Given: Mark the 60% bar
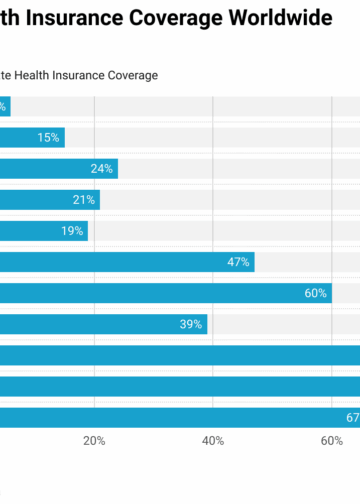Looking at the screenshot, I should point(150,293).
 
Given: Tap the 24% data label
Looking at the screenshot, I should point(102,169).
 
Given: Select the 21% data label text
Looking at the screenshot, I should point(84,200).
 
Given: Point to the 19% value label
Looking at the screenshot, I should point(72,231).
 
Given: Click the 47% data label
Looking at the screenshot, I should point(238,262).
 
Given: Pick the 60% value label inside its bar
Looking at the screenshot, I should point(316,293).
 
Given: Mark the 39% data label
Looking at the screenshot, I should point(191,324).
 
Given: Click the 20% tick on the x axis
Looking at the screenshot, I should point(94,441).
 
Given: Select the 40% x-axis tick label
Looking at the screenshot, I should point(213,441).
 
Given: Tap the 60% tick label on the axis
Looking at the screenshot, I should point(331,441).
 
